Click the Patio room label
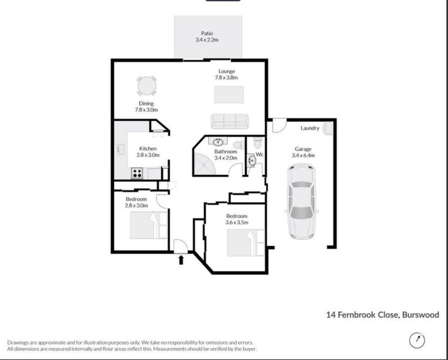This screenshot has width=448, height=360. tap(207, 34)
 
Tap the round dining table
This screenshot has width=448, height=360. tap(146, 86)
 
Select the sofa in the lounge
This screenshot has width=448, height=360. tap(229, 120)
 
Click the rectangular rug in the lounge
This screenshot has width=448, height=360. tap(229, 95)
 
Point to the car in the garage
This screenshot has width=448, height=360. tap(300, 201)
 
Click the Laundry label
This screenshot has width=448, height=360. tap(309, 128)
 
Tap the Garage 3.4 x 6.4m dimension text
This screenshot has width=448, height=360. tap(303, 155)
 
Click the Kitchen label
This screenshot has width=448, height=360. tap(148, 148)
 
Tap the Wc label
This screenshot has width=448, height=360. tap(260, 154)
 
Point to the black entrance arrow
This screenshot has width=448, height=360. tap(182, 260)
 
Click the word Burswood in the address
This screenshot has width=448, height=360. tap(420, 314)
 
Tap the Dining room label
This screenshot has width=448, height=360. tap(146, 103)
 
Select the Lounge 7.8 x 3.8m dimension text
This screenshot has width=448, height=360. tap(227, 78)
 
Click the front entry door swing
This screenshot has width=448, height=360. tap(179, 245)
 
